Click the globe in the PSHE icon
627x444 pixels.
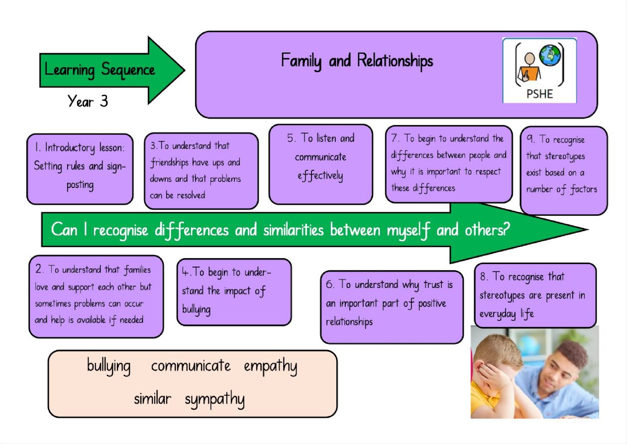[550, 55]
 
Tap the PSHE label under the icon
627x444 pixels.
[539, 94]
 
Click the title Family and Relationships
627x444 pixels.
[357, 61]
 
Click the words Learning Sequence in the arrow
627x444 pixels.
[100, 70]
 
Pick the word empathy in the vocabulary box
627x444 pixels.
[270, 367]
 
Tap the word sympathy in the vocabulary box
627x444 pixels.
[214, 399]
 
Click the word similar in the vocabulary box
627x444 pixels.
[152, 398]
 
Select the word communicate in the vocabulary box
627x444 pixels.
[191, 366]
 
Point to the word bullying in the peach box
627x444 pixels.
[108, 366]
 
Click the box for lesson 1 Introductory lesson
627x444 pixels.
[80, 169]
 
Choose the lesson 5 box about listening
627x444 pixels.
[321, 164]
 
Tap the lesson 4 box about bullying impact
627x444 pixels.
[234, 292]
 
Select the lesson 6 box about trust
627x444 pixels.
[392, 307]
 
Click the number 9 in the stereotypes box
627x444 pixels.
[530, 138]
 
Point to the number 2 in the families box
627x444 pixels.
[39, 269]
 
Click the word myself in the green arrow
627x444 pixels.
[409, 230]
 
